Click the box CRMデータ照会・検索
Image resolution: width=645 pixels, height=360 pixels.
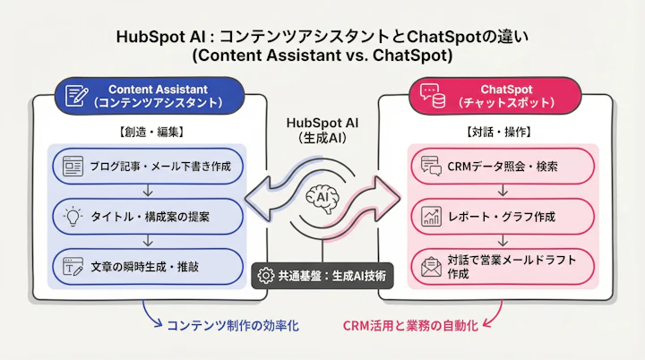pos(501,167)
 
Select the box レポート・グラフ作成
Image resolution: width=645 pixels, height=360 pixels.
pos(501,216)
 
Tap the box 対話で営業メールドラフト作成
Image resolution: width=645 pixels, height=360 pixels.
pos(501,267)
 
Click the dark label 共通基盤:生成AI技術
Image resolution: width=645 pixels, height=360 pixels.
pos(322,276)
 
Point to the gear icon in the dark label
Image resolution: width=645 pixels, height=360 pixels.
pos(265,276)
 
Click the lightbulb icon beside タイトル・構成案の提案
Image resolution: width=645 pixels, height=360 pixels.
pos(73,215)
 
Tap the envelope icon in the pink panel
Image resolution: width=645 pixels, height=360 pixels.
pos(430,267)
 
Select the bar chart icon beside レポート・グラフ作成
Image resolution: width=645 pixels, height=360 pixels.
pos(430,216)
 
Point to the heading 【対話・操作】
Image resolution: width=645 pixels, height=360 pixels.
pos(499,132)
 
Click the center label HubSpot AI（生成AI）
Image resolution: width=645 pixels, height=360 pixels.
pos(322,130)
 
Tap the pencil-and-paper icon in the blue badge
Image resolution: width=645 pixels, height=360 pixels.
pos(77,96)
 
